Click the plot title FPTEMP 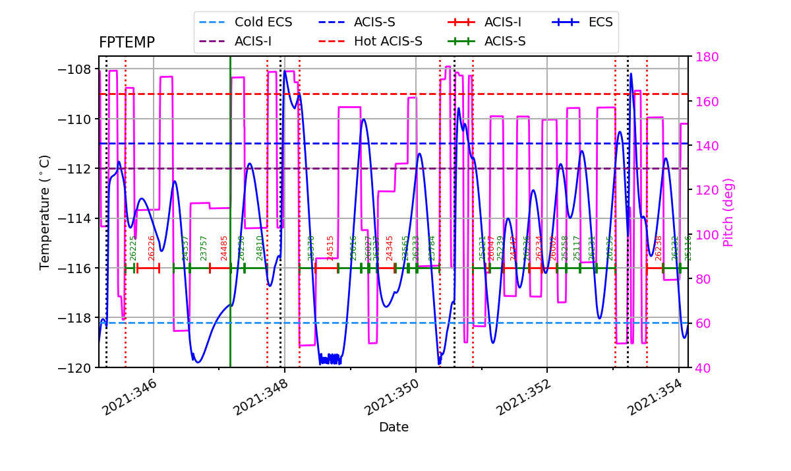[127, 43]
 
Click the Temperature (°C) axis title [45, 212]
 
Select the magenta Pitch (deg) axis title [728, 212]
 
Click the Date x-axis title [394, 427]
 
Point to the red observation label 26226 [152, 248]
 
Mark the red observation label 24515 [330, 248]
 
